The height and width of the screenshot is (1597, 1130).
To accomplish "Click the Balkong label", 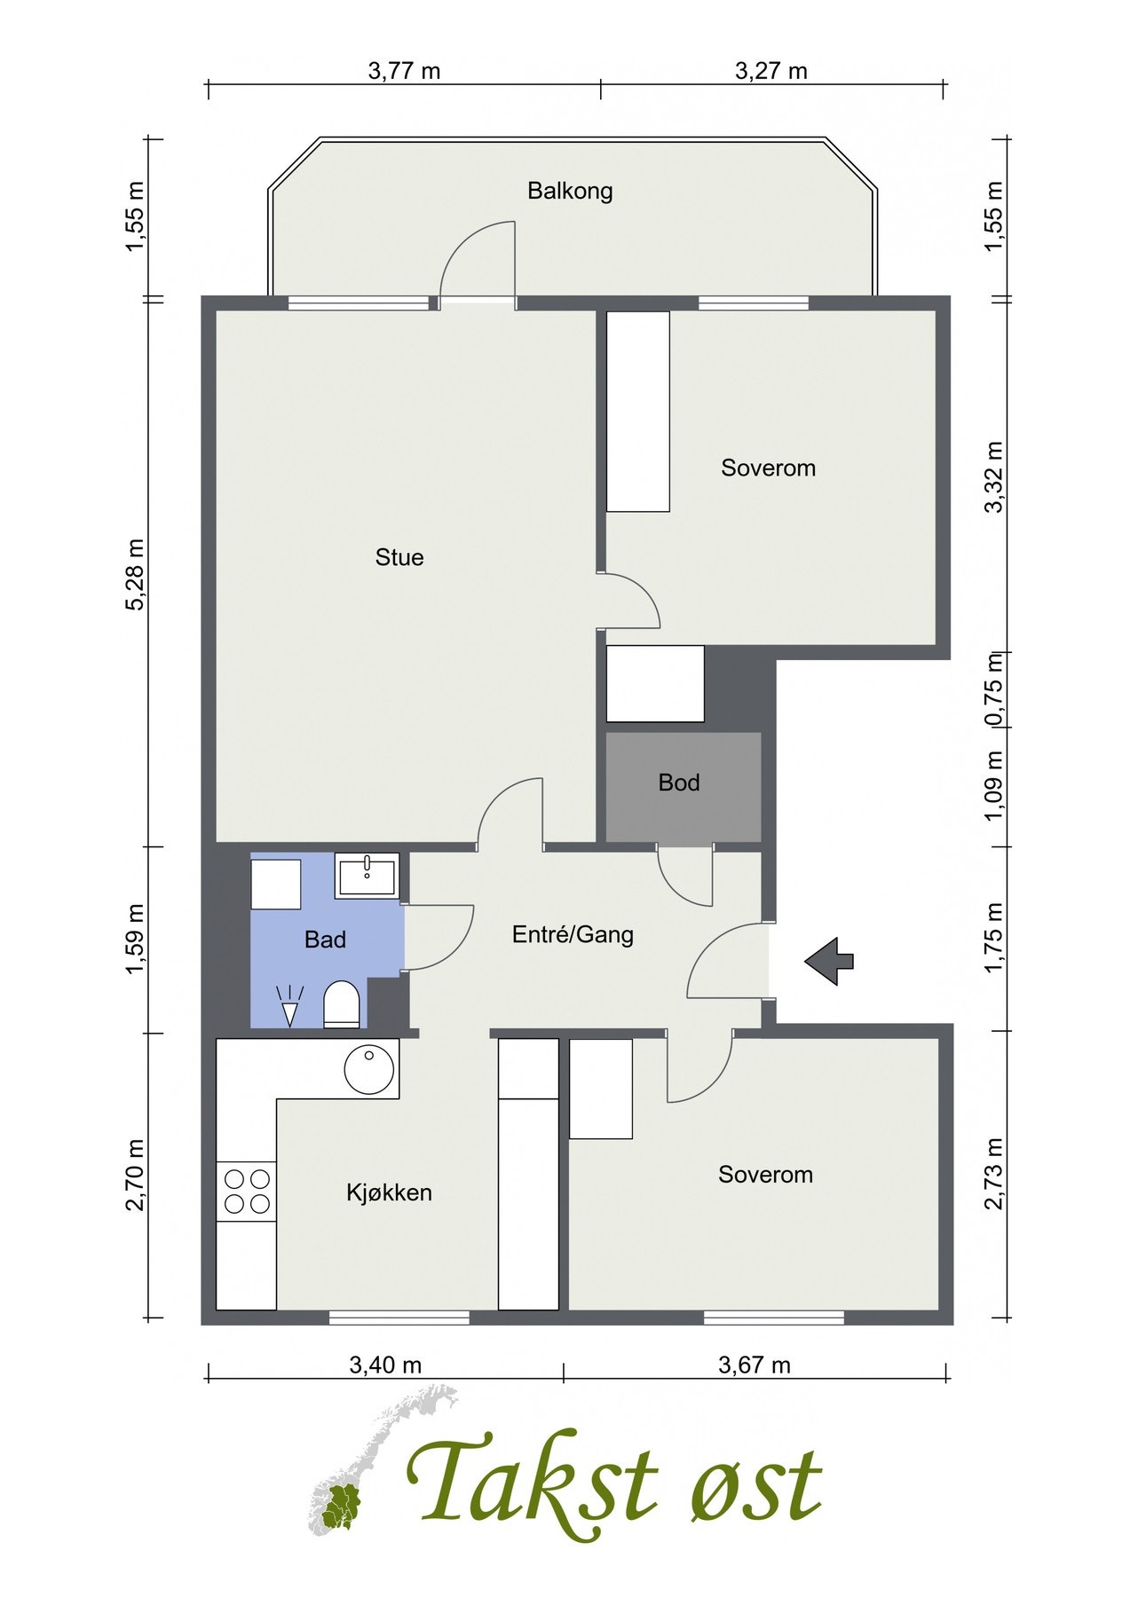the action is (x=570, y=191).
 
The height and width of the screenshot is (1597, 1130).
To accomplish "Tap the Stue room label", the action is (x=399, y=557).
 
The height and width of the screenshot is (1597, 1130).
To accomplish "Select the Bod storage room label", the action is (x=679, y=783).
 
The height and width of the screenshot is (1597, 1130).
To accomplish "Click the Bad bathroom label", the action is (x=325, y=940).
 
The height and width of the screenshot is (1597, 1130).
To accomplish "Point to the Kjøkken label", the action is (x=389, y=1192).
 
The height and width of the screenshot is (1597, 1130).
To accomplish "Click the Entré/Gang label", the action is (x=573, y=934).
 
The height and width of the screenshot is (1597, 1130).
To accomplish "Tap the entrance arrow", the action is (x=829, y=960).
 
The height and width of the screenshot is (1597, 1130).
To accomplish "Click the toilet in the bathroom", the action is (x=341, y=1004).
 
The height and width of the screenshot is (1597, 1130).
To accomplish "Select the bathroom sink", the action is (x=367, y=876).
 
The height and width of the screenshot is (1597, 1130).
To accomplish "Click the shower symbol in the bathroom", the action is (x=289, y=1006).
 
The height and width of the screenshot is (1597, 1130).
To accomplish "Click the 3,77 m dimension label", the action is (x=404, y=71).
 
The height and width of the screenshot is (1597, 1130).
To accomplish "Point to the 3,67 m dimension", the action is (x=754, y=1365).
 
